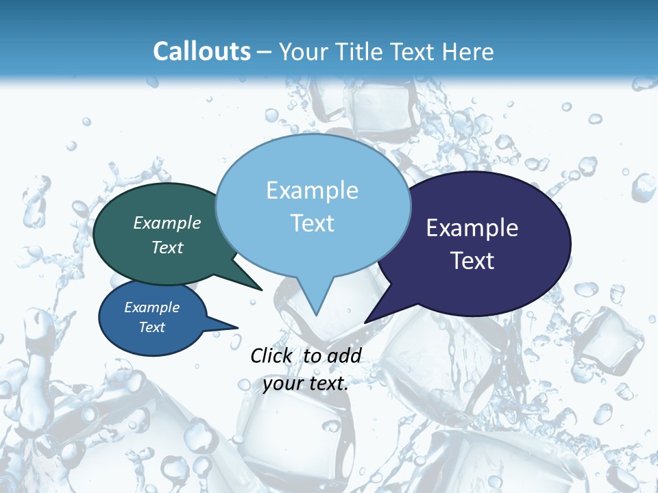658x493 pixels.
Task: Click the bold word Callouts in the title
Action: click(x=202, y=51)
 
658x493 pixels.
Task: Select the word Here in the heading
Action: click(x=467, y=51)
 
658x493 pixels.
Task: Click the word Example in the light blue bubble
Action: click(x=312, y=190)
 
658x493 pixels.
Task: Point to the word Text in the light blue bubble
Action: click(x=312, y=223)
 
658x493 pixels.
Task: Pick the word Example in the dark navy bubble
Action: click(x=472, y=228)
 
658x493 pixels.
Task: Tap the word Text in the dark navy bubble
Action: click(x=472, y=261)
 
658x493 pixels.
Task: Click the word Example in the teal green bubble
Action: click(x=167, y=223)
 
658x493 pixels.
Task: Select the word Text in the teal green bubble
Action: click(x=167, y=247)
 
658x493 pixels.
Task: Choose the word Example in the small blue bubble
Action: click(x=151, y=307)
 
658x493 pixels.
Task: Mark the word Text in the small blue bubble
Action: click(x=151, y=327)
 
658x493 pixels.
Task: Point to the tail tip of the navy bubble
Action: click(x=365, y=322)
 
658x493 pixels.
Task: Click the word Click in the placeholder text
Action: click(x=271, y=355)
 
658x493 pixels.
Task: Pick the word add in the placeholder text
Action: click(x=344, y=355)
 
